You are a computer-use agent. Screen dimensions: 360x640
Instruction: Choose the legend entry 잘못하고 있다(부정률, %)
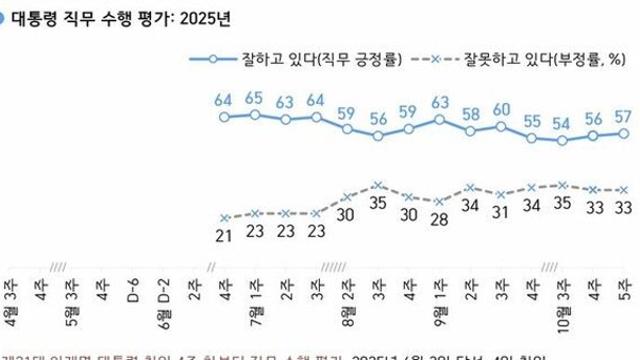click(x=540, y=61)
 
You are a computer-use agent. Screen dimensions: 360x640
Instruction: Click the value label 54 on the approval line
click(x=563, y=124)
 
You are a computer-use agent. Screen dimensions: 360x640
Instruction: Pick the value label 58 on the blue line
click(x=470, y=113)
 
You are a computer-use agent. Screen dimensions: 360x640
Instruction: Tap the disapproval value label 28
click(x=438, y=219)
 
